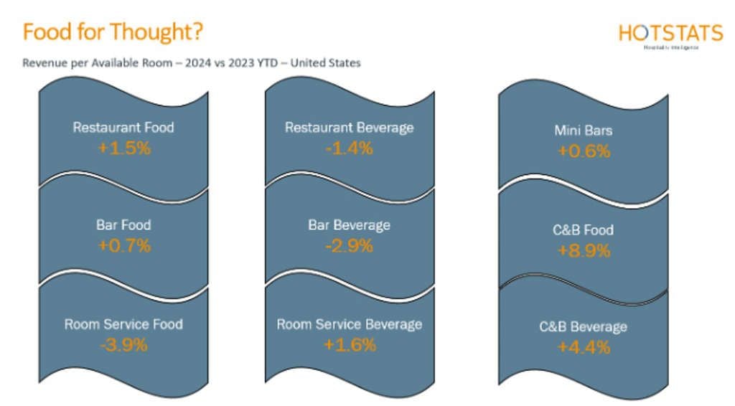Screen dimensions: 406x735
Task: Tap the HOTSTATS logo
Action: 670,34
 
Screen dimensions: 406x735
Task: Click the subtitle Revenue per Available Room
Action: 191,63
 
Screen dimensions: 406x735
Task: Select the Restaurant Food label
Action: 123,128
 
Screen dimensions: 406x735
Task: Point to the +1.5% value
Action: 124,148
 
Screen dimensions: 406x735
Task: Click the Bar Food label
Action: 123,225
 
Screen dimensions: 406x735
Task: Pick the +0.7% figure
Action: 124,246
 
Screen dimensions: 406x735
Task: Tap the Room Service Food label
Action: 123,324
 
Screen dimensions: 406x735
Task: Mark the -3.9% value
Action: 124,345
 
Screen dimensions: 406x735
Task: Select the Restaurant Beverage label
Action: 350,128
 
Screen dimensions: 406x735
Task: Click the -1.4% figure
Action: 350,148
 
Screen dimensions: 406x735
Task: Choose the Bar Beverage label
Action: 350,225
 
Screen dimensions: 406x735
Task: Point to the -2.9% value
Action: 350,246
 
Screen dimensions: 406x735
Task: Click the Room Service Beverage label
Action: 350,324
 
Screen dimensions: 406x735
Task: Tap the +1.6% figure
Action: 350,345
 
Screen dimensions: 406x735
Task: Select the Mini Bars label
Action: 583,131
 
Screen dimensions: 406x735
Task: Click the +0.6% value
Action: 583,151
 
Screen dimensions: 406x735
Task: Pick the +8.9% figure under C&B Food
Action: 583,250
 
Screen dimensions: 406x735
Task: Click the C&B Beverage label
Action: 583,327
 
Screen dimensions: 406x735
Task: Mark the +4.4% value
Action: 583,348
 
